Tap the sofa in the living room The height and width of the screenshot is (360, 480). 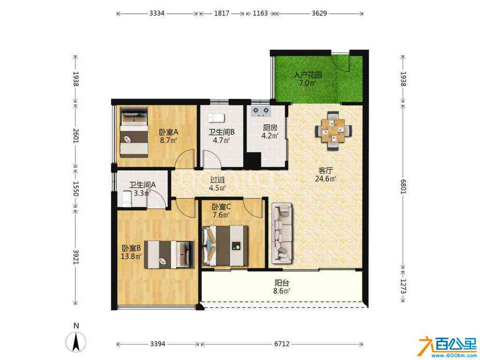point(282,233)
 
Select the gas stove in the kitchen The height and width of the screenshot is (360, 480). point(261,112)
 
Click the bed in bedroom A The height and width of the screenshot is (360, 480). point(134,132)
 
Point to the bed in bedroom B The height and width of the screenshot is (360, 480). point(169,255)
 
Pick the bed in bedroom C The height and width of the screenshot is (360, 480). point(225,246)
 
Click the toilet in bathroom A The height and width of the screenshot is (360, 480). point(127,198)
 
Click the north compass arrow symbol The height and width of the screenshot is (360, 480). point(76,342)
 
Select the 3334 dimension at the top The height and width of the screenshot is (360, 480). point(157,13)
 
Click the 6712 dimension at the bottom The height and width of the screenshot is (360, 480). point(282,344)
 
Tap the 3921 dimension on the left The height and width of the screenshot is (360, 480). point(76,257)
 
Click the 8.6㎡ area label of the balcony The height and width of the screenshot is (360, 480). point(282,291)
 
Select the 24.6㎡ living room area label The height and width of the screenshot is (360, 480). point(326,179)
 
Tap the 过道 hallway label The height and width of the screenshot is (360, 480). point(217,180)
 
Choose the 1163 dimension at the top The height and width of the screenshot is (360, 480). point(260,13)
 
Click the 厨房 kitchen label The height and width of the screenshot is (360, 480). point(270,127)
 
